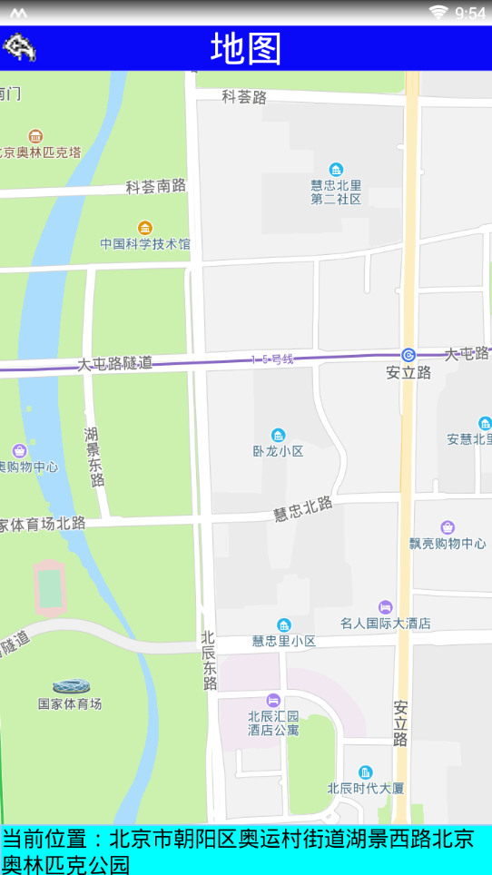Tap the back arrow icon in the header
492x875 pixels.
19,46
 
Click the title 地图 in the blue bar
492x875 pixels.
246,48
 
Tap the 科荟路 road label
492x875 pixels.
244,96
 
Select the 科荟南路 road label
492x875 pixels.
155,186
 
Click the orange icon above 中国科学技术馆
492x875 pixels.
144,227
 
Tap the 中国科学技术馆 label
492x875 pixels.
145,244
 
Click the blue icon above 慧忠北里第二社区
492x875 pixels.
336,170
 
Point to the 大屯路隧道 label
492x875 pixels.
114,363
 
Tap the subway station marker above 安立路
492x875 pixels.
408,355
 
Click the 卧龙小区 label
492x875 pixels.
278,451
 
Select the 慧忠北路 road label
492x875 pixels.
303,509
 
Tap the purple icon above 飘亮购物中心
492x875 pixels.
448,527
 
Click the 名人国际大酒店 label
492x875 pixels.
386,624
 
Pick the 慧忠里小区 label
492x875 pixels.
284,641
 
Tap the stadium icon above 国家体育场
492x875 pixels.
70,686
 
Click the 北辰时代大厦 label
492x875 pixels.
365,788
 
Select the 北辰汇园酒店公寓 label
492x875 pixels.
273,723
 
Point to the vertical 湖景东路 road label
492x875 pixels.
93,457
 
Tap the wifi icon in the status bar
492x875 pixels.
439,12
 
